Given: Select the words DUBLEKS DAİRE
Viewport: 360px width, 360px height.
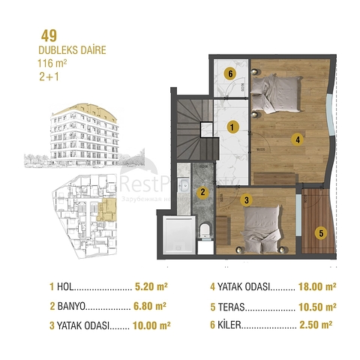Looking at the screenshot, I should tap(71, 50).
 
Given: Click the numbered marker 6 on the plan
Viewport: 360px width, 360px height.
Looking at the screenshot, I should tap(231, 73).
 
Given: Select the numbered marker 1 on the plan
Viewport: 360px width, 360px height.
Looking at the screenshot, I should tap(233, 127).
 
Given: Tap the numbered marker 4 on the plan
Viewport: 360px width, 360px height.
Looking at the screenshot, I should tap(298, 139).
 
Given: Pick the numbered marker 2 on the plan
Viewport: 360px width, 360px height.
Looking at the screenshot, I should tap(202, 191).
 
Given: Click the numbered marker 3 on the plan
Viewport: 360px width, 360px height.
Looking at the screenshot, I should tap(245, 199).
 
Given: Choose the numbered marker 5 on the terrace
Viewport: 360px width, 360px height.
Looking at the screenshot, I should tap(320, 232).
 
